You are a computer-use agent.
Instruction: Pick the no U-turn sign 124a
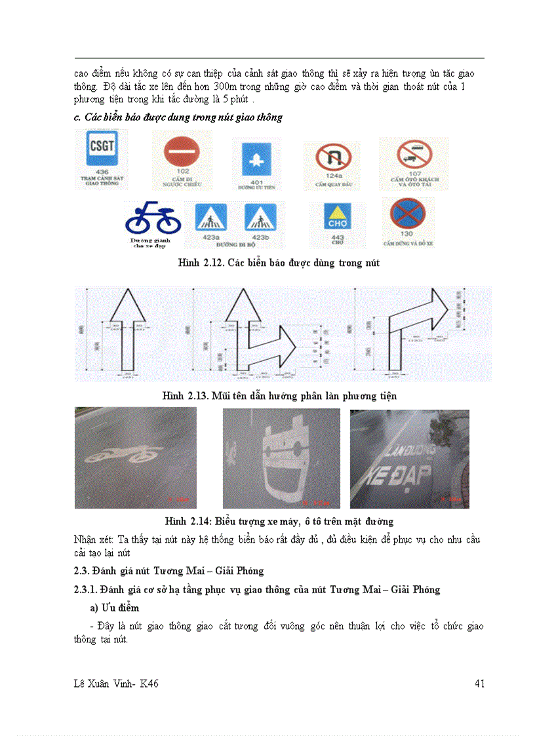(330, 159)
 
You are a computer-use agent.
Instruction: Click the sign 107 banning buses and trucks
(414, 155)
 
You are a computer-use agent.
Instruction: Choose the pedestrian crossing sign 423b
(260, 216)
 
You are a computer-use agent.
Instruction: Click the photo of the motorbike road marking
(135, 457)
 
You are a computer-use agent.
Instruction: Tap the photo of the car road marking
(281, 458)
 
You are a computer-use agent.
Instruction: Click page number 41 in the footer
(479, 684)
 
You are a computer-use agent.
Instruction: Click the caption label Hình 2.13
(184, 396)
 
